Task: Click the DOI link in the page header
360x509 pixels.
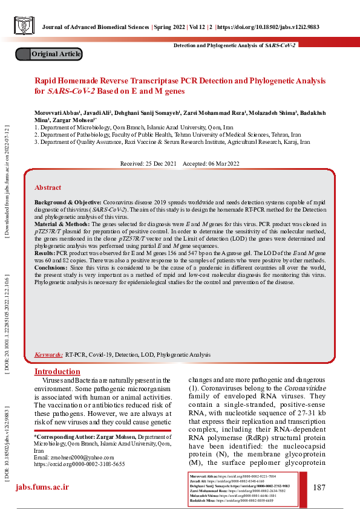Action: point(273,27)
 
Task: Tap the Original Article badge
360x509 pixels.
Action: point(56,54)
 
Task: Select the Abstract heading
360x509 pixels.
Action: point(48,187)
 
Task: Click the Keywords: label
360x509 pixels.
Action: point(49,355)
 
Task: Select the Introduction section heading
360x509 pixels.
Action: point(57,371)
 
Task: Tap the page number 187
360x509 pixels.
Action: point(320,487)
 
